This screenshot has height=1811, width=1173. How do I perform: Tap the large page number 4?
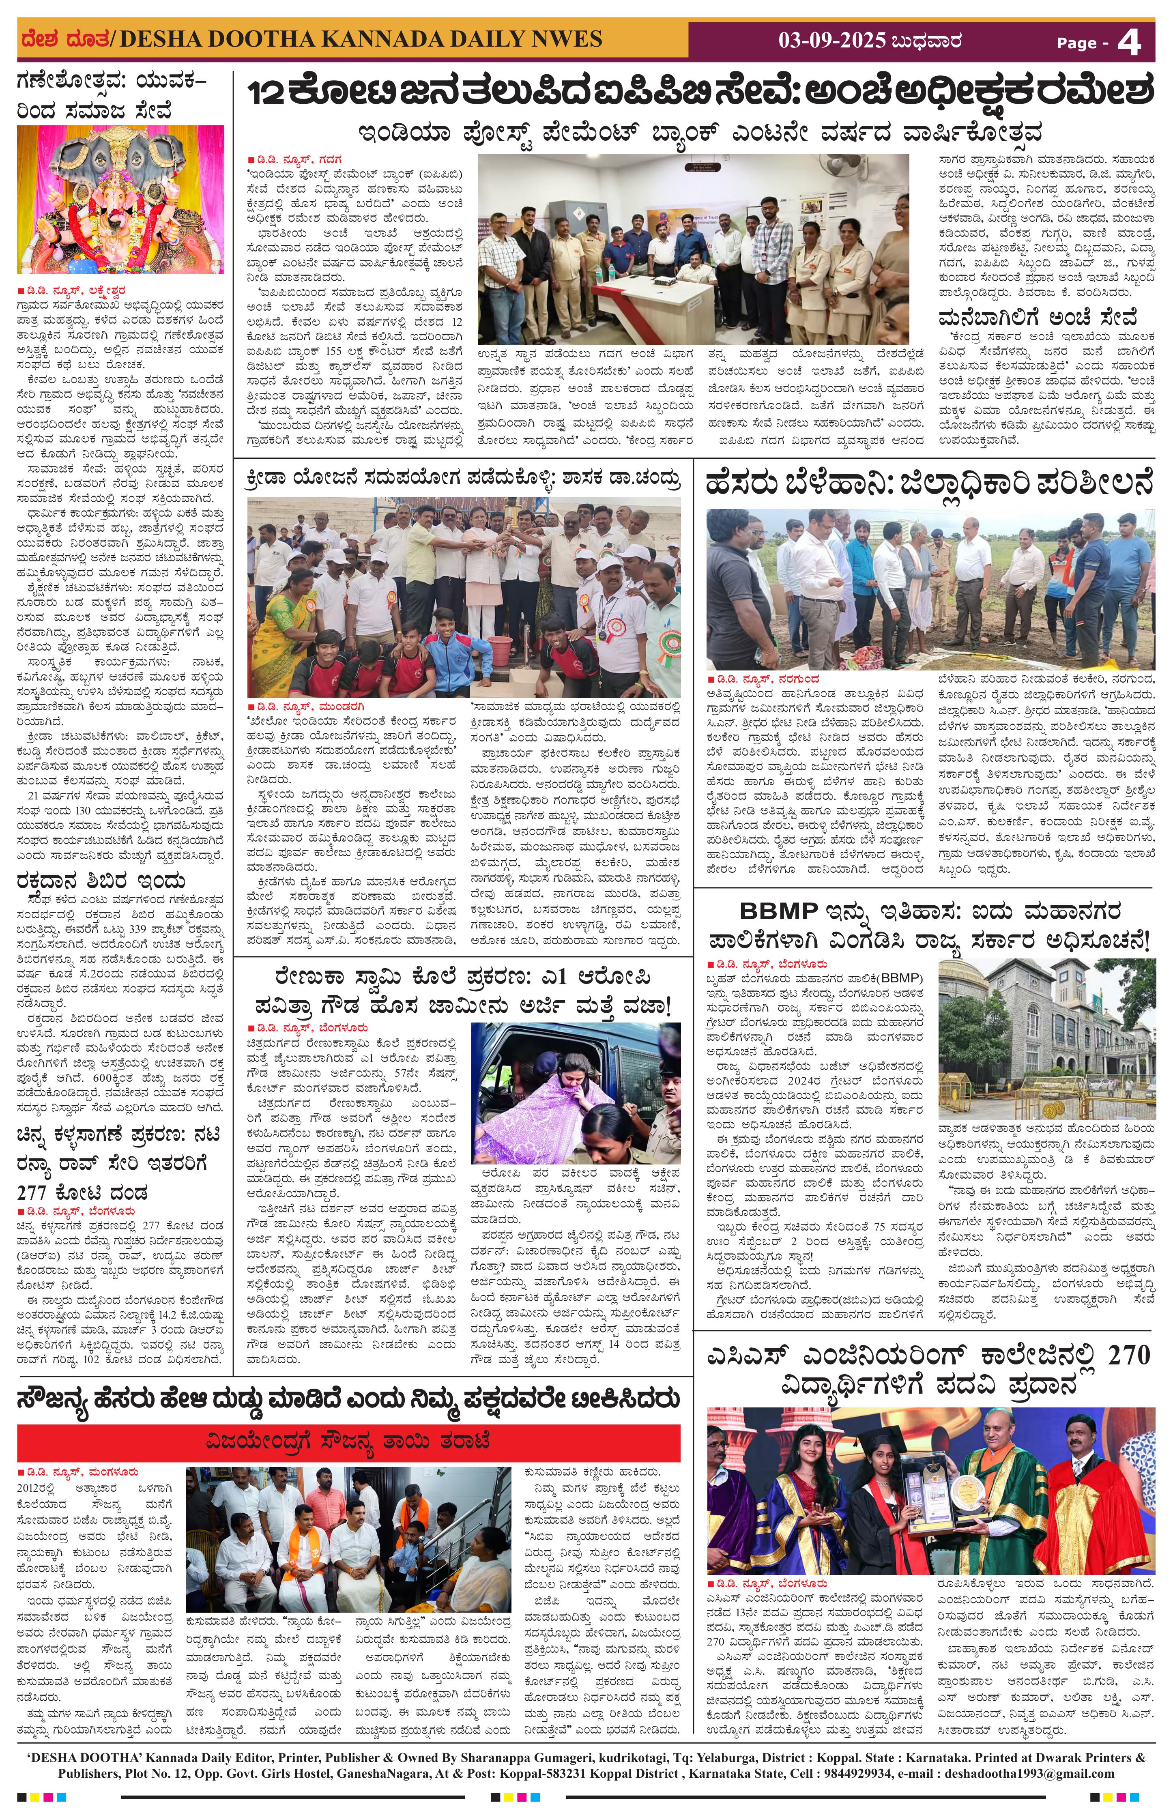[1130, 43]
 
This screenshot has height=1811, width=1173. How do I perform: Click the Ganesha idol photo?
[120, 200]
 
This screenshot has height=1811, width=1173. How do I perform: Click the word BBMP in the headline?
[778, 911]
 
